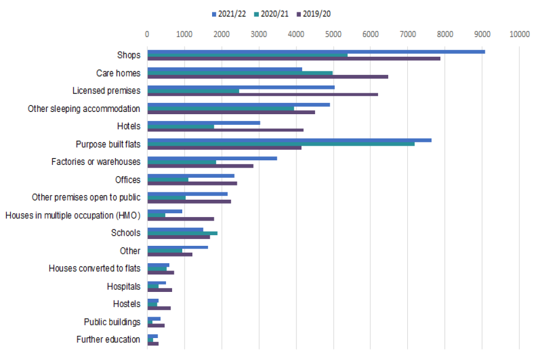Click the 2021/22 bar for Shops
click(315, 51)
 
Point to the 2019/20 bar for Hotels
click(225, 130)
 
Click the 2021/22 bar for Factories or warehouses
click(211, 158)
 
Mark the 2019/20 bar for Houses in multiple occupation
click(180, 219)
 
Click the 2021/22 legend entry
click(227, 13)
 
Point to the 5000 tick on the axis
click(333, 34)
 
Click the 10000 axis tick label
click(519, 34)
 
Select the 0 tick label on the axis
click(147, 34)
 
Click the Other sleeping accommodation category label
click(84, 109)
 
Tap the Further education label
click(108, 339)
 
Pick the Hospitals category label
click(123, 286)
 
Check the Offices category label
click(128, 180)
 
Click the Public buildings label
click(112, 322)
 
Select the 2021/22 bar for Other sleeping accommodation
click(238, 105)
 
